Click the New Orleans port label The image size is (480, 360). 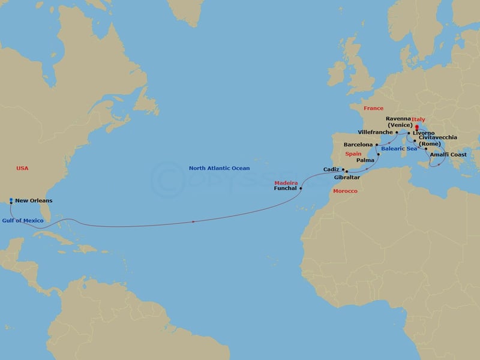[x=33, y=200]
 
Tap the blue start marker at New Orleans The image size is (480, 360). [x=11, y=200]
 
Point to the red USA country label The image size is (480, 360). [x=23, y=169]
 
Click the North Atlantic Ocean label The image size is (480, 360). [x=219, y=169]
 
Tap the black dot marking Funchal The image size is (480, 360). [x=301, y=188]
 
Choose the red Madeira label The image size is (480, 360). [x=286, y=182]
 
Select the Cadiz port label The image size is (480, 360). [x=331, y=170]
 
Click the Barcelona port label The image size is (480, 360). [x=358, y=145]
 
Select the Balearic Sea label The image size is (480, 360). [x=398, y=148]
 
